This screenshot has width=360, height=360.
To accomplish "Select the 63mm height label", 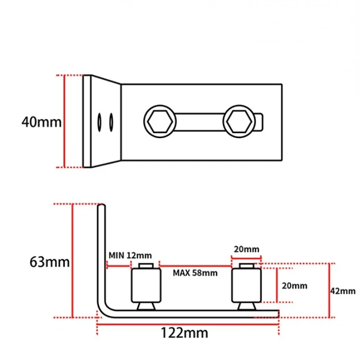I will [x=49, y=262].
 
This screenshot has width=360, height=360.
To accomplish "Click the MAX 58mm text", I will [x=195, y=273].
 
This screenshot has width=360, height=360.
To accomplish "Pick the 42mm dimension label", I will [x=343, y=291].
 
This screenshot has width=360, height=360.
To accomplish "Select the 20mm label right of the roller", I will [x=294, y=285].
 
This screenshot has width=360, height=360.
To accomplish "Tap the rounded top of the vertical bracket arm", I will [x=102, y=207].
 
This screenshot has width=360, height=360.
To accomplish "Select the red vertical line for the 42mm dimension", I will [x=329, y=290].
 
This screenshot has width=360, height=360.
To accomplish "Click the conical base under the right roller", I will [x=246, y=306].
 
